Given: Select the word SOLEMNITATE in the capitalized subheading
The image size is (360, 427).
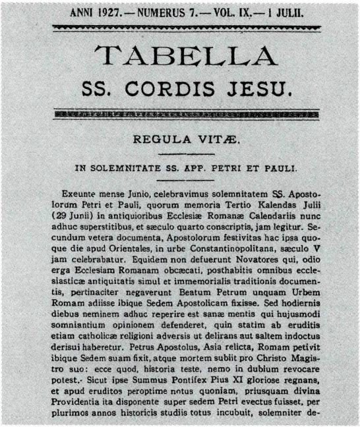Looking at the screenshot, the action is (x=131, y=168).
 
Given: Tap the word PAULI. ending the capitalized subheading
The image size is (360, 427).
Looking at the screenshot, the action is (x=282, y=168).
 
